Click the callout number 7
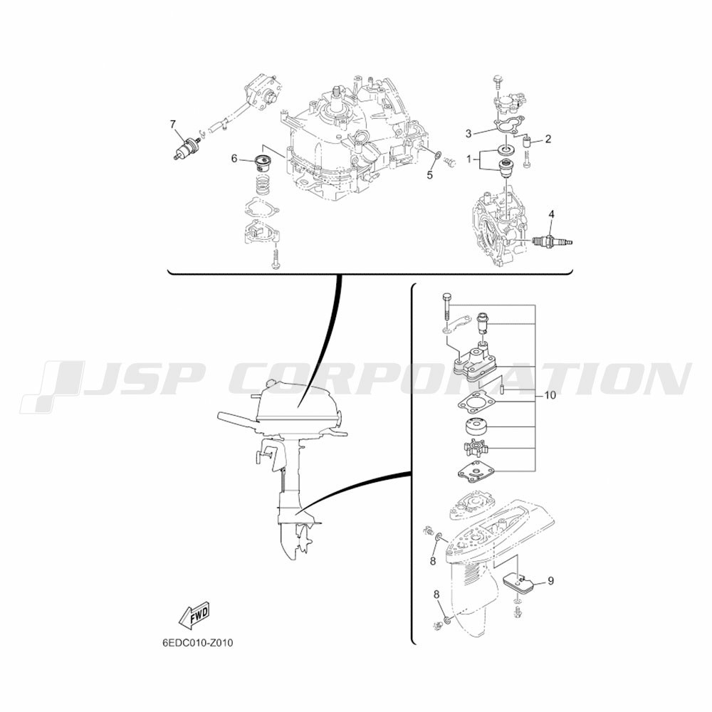[172, 125]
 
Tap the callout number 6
[234, 159]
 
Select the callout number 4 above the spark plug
[551, 214]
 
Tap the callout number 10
[550, 395]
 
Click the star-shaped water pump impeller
[476, 449]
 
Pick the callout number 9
[551, 581]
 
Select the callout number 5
[430, 175]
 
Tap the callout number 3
[468, 134]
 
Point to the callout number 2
[548, 139]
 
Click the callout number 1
[468, 159]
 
